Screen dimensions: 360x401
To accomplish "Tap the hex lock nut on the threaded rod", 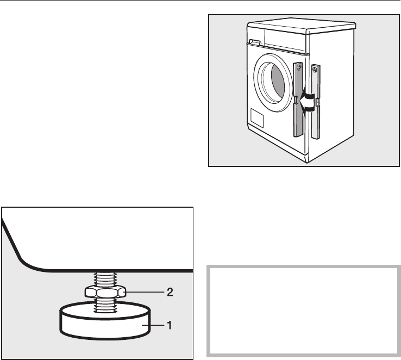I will pos(105,292).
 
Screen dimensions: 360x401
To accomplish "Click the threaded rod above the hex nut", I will pos(105,279).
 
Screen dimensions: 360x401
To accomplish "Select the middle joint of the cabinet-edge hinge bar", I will pos(315,102).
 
